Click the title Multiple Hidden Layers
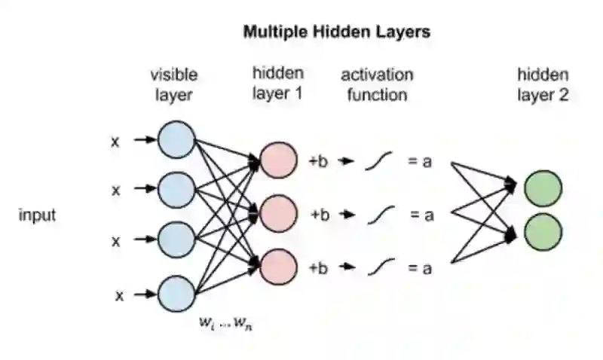click(x=336, y=32)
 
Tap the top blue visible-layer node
click(x=176, y=140)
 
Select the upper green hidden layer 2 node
click(x=543, y=188)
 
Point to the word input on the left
click(x=37, y=215)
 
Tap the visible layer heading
click(x=174, y=84)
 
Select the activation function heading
click(x=377, y=84)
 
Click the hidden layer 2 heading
click(x=543, y=84)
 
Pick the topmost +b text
click(x=318, y=160)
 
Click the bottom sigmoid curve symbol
click(x=381, y=267)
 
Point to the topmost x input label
click(x=115, y=140)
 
